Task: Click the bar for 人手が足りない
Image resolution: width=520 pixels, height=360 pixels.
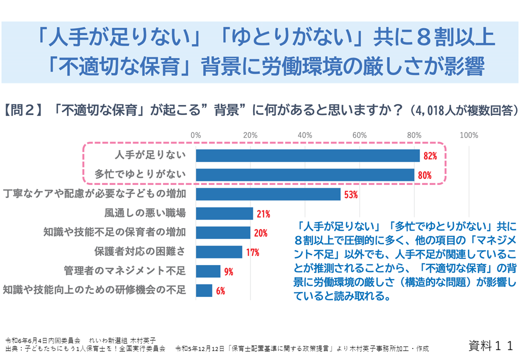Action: coord(307,155)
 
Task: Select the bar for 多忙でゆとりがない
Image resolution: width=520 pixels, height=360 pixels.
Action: coord(305,174)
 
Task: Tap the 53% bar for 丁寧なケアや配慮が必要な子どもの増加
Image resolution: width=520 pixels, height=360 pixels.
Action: coord(268,194)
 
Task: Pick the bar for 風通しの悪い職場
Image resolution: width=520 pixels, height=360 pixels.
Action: coord(224,213)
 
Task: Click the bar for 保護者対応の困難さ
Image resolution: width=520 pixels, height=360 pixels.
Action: coord(219,252)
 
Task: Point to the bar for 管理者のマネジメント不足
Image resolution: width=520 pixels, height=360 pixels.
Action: coord(208,271)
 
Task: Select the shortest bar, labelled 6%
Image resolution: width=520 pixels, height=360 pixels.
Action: coord(204,290)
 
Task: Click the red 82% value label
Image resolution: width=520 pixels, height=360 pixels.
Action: coord(430,156)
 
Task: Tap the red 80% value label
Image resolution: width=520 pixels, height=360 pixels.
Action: coord(424,175)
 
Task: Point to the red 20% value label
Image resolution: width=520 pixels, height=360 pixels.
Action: coord(260,233)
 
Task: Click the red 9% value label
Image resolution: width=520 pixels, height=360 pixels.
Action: coord(228,271)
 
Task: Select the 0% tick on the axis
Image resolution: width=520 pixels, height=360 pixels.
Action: coord(196,135)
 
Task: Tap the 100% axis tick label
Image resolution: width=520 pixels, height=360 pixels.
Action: coord(468,135)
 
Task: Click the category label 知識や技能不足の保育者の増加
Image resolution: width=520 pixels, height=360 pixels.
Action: coord(114,232)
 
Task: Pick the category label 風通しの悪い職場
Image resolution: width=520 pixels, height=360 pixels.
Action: coord(145,213)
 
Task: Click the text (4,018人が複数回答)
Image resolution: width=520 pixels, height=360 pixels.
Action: coord(462,110)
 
